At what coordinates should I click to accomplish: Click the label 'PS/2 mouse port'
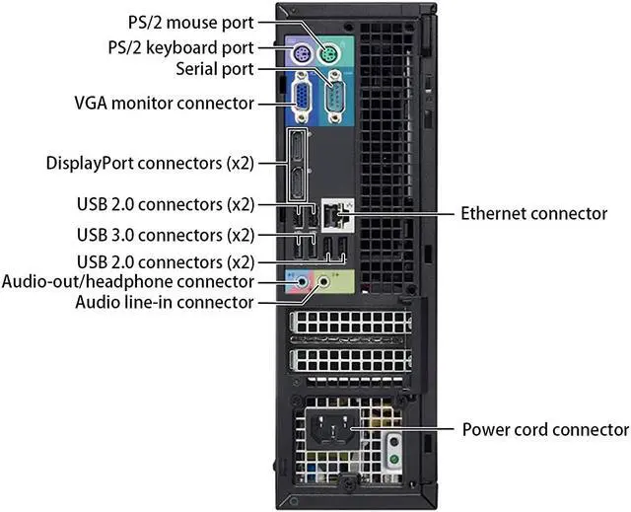click(190, 22)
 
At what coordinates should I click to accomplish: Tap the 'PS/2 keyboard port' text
click(180, 47)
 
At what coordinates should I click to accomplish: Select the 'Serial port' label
click(214, 70)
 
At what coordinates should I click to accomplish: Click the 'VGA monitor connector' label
click(164, 104)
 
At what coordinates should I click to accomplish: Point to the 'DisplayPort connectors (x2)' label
click(150, 161)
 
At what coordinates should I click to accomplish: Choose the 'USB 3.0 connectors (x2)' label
click(165, 236)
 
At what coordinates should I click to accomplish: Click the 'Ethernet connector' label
click(534, 213)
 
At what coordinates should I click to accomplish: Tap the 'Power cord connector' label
click(545, 430)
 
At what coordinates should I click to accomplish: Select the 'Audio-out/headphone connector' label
click(128, 282)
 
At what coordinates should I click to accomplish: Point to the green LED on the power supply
click(394, 458)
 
